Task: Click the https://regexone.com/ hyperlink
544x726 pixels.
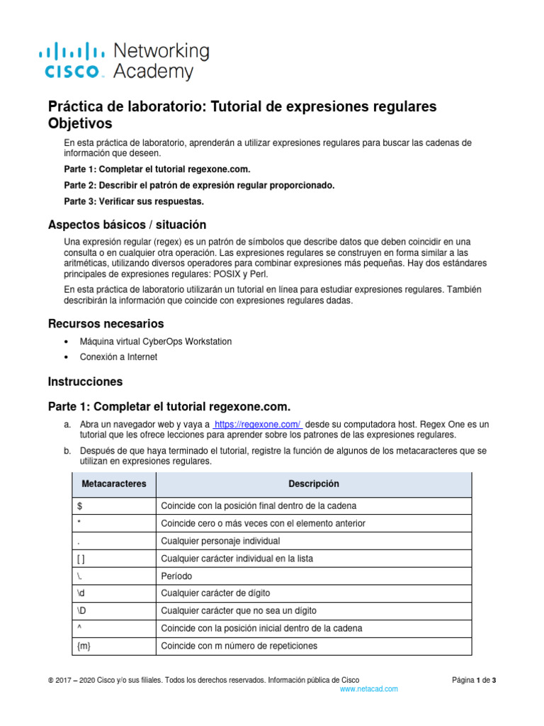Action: [x=258, y=424]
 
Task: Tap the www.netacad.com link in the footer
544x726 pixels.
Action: [x=368, y=688]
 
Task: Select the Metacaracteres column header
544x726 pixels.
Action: [x=114, y=484]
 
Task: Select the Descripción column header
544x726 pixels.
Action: [x=313, y=484]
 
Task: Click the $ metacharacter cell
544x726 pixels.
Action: [x=114, y=506]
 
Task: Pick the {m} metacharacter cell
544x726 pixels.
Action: [x=114, y=646]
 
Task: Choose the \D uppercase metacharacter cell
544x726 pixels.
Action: [x=114, y=610]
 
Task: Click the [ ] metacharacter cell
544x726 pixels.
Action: [x=114, y=559]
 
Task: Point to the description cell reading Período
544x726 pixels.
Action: [x=176, y=576]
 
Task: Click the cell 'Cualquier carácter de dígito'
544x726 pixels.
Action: [x=215, y=593]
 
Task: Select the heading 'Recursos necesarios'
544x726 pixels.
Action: [x=106, y=324]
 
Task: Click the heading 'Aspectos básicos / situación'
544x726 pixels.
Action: [x=127, y=225]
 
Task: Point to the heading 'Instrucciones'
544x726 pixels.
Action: [x=85, y=381]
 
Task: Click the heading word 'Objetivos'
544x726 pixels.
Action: [x=79, y=124]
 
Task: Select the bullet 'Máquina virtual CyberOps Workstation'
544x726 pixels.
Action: [x=155, y=342]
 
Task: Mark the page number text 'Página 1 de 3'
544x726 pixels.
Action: [x=474, y=681]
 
